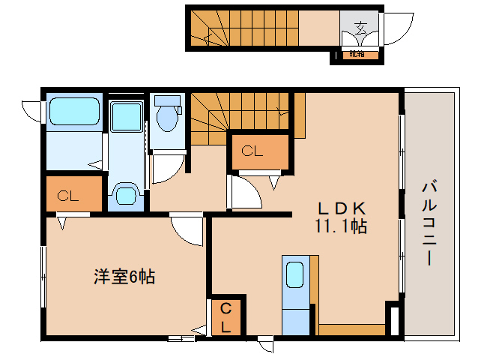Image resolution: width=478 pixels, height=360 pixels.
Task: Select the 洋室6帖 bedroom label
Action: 124,277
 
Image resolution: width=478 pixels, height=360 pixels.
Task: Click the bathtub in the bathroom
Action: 74,113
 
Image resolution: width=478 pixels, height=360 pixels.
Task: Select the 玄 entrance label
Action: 360,31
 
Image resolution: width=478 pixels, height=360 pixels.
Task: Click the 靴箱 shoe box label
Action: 357,54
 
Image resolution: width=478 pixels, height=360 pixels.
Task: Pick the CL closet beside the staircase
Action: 252,151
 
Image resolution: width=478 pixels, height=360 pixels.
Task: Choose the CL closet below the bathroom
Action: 69,196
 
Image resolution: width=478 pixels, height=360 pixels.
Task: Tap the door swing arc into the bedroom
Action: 186,229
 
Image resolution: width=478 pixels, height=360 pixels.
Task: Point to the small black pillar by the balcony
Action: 392,319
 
